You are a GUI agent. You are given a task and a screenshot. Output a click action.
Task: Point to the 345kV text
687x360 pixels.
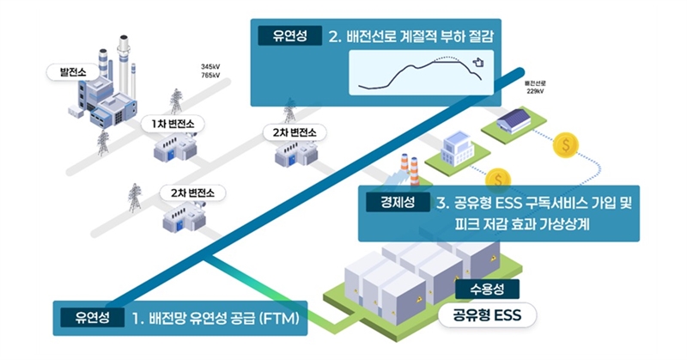[211, 67]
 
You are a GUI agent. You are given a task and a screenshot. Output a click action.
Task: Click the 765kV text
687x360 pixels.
[211, 76]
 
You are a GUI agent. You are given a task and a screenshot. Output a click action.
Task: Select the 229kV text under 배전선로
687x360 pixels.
[535, 90]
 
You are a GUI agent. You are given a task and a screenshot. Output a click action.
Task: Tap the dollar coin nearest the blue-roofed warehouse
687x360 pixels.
[566, 145]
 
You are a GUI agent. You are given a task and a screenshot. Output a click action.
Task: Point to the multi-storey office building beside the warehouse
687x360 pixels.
[456, 151]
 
